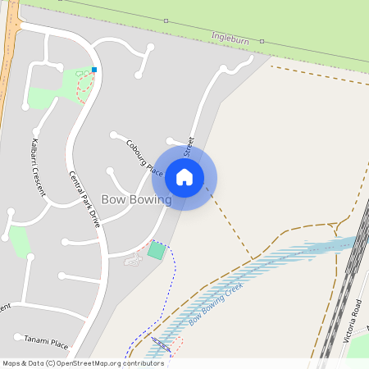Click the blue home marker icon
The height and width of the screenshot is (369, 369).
tap(184, 176)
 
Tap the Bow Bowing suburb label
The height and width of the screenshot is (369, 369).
tap(135, 199)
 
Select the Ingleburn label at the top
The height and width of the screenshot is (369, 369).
tap(230, 37)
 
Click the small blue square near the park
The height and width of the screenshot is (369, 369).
tap(94, 70)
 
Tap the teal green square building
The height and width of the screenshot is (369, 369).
tap(156, 250)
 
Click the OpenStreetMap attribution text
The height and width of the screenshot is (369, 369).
tap(82, 362)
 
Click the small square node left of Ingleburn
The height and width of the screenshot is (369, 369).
tap(166, 20)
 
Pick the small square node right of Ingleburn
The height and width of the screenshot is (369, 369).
tap(262, 39)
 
